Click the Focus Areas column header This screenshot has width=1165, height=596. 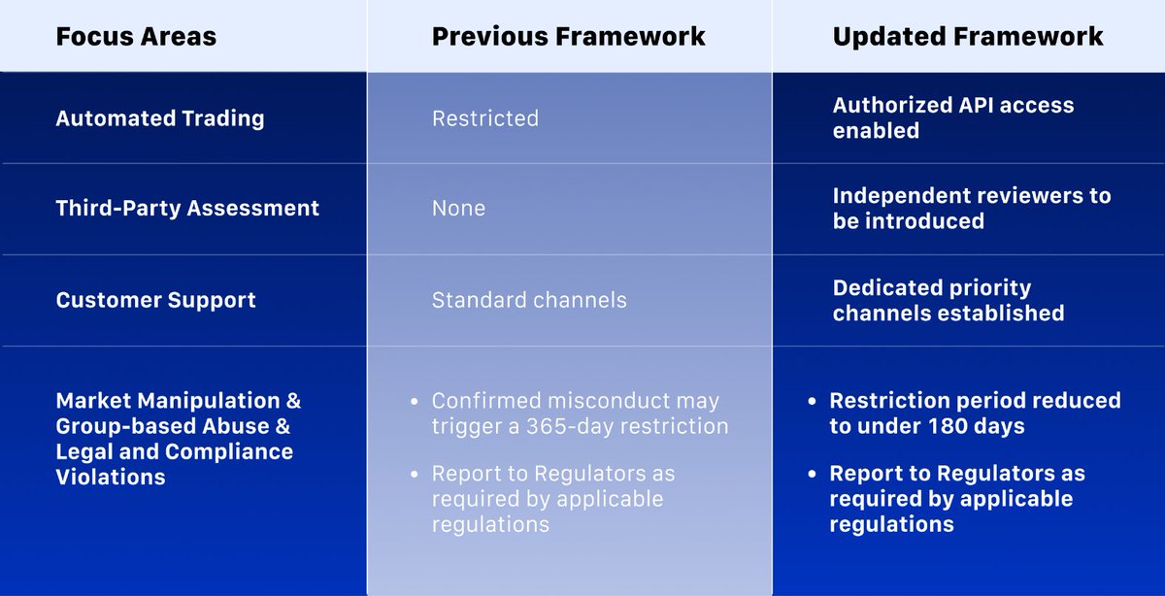(x=136, y=37)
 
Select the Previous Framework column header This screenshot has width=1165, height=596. (x=569, y=37)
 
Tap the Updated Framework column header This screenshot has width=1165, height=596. (x=967, y=37)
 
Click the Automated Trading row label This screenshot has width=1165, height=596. (x=159, y=118)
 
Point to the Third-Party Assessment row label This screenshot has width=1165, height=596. (x=187, y=208)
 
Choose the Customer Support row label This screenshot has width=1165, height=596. (x=155, y=300)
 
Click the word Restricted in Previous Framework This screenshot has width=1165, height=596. (x=485, y=118)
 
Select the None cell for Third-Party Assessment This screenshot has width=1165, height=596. (x=458, y=208)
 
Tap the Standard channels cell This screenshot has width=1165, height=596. (x=529, y=300)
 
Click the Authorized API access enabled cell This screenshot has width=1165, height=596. (x=952, y=117)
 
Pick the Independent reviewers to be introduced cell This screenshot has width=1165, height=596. (x=972, y=208)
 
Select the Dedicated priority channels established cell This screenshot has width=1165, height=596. (x=949, y=300)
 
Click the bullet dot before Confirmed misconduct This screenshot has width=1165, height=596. (x=414, y=402)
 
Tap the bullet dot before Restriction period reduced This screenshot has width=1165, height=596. (x=812, y=402)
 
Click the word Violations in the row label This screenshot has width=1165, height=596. (x=111, y=477)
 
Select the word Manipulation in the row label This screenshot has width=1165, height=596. (x=208, y=401)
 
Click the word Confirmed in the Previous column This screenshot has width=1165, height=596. (x=486, y=401)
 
